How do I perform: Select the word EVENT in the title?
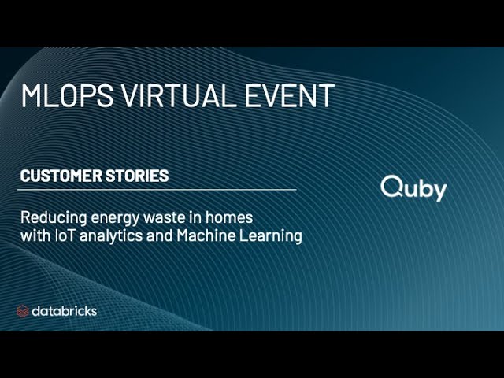point(287,95)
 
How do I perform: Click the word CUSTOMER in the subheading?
point(59,176)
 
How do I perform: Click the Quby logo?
point(413,188)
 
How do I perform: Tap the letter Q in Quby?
point(391,187)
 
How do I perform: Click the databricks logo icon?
point(23,311)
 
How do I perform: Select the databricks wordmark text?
point(65,311)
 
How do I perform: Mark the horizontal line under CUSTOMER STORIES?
point(157,190)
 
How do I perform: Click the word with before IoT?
point(34,235)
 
